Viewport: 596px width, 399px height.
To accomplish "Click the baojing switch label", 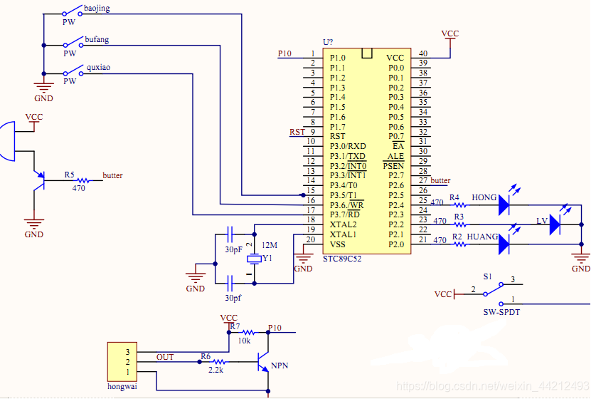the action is [97, 9].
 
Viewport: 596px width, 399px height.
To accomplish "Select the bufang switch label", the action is [97, 40].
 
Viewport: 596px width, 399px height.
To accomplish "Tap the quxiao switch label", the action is [98, 68].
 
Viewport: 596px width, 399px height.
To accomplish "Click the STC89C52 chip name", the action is [342, 259].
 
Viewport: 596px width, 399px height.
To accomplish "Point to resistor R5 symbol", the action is [83, 180].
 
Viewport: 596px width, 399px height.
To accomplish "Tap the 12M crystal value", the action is [270, 245].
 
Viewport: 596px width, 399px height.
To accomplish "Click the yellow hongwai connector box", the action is [122, 362].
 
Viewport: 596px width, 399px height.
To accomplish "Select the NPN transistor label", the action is [280, 366].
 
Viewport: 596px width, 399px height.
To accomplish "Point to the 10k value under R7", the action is [244, 341].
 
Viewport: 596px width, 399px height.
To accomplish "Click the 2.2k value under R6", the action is [215, 370].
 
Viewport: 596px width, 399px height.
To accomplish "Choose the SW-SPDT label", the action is [501, 312].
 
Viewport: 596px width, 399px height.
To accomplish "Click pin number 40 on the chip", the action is [423, 53].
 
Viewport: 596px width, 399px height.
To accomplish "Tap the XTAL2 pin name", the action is [344, 224].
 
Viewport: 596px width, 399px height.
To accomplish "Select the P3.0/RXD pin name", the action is [348, 146].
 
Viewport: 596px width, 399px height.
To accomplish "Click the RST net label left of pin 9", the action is [297, 132].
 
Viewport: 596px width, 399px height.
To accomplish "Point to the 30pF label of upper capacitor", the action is [233, 249].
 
